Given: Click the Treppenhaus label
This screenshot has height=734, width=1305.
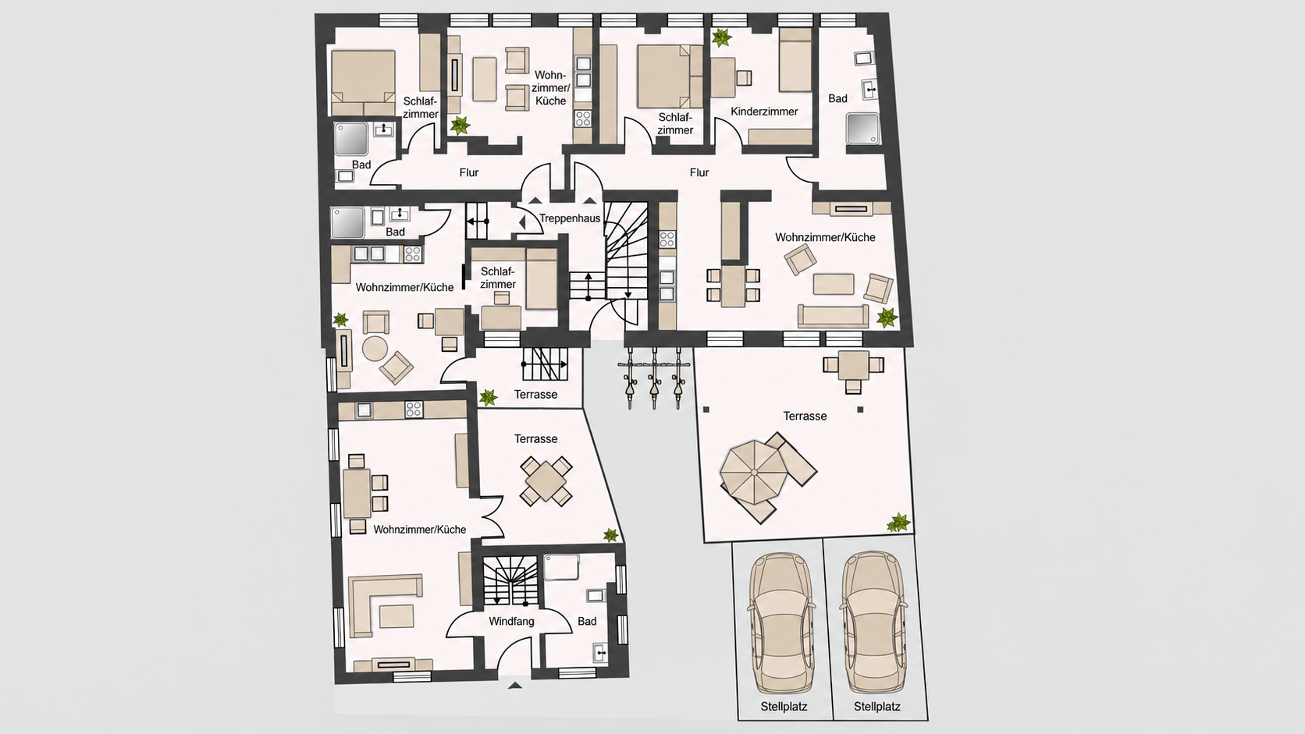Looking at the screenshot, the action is [569, 219].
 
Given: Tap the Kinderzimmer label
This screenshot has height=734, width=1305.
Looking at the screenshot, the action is [764, 112].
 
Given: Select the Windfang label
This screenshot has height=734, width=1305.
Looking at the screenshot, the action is [511, 622].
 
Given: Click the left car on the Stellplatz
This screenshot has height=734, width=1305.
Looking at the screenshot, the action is [782, 622].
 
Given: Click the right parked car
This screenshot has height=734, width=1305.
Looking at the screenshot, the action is [874, 622].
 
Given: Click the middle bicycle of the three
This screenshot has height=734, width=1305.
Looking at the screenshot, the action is [654, 378].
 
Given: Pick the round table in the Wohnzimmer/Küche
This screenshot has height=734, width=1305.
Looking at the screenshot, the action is [375, 349].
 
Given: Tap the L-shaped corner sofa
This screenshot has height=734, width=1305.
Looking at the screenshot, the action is [385, 606].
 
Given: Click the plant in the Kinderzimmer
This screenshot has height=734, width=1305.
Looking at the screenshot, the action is [722, 38].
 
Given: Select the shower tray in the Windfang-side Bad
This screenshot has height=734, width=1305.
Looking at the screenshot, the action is [562, 567].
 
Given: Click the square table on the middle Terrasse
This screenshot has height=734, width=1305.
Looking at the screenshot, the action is [546, 481].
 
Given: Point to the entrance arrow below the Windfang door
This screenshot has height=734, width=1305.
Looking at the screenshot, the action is [514, 686].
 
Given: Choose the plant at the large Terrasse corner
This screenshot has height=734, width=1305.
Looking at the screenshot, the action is [898, 522].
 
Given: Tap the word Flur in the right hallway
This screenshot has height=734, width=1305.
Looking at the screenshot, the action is [699, 173].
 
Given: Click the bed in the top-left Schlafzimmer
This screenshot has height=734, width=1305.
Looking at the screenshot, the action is [363, 83].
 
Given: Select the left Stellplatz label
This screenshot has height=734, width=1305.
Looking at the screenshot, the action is [784, 707].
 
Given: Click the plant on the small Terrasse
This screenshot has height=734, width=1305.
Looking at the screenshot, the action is [488, 398].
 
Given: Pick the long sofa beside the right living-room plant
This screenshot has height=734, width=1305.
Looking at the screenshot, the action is [833, 316].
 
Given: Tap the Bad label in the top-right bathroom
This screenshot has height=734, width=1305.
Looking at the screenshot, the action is [837, 99].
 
